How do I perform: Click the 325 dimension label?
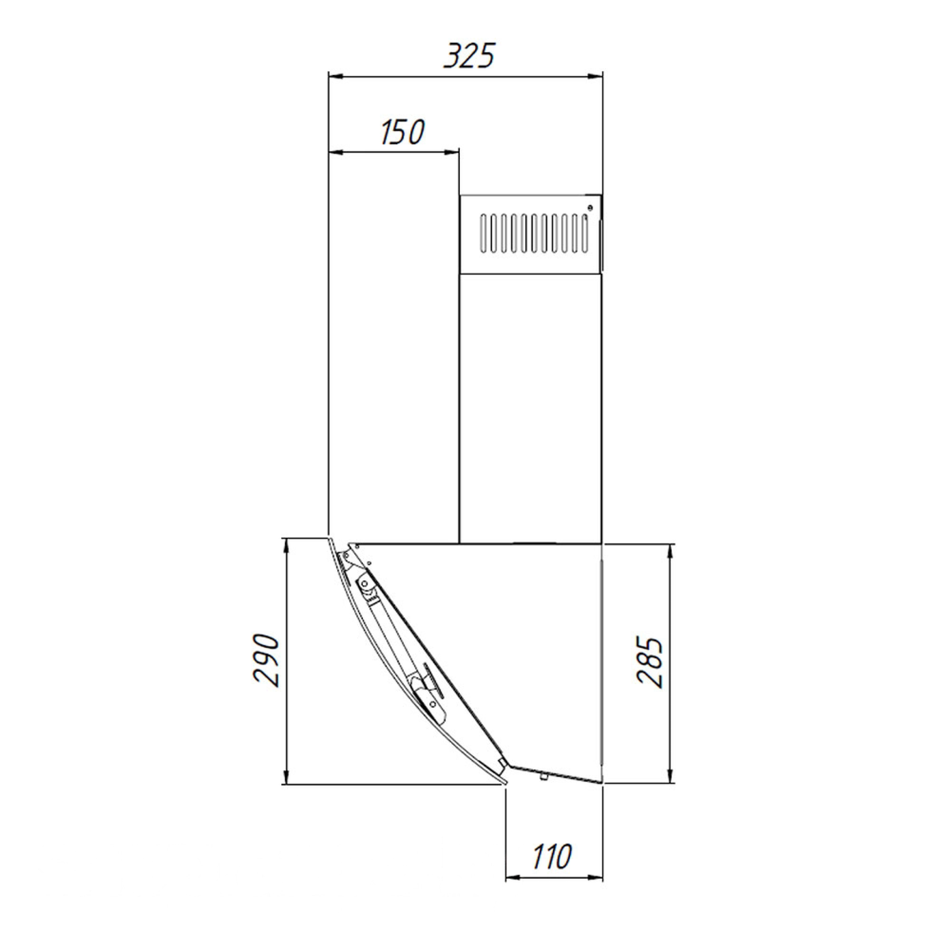pyautogui.click(x=469, y=56)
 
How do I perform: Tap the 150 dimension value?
pyautogui.click(x=403, y=132)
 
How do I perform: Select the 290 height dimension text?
pyautogui.click(x=267, y=660)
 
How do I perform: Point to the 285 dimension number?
pyautogui.click(x=651, y=661)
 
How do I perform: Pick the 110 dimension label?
pyautogui.click(x=552, y=856)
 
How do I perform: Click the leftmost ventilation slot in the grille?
pyautogui.click(x=484, y=233)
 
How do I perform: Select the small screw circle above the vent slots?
pyautogui.click(x=590, y=208)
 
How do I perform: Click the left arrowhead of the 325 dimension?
pyautogui.click(x=335, y=77)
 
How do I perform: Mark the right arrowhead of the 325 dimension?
pyautogui.click(x=595, y=77)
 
